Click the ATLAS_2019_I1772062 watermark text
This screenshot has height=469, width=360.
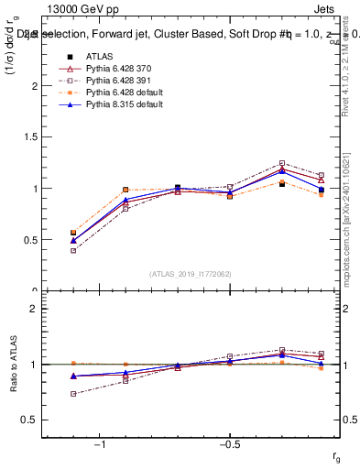click(x=190, y=274)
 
